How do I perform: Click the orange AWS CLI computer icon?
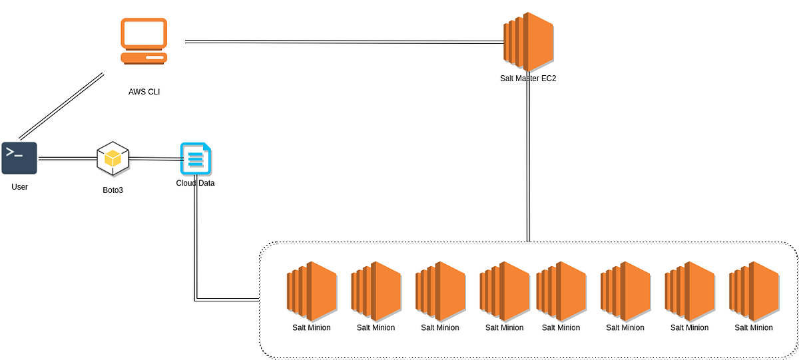144,41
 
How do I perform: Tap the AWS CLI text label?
144,92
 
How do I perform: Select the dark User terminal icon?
19,158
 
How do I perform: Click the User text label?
19,187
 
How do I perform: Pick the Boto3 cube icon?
113,158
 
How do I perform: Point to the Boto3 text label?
113,190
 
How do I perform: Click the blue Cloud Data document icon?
195,159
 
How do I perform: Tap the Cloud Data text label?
195,183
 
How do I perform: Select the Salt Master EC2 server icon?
528,41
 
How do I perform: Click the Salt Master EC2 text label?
528,79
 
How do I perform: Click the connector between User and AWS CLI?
61,106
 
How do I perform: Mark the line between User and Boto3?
67,158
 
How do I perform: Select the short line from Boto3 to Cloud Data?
154,158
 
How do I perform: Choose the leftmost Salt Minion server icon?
312,287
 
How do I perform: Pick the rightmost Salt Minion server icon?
754,287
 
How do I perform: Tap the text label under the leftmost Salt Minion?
312,327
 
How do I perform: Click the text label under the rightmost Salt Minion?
754,327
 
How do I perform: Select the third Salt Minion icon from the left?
440,287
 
